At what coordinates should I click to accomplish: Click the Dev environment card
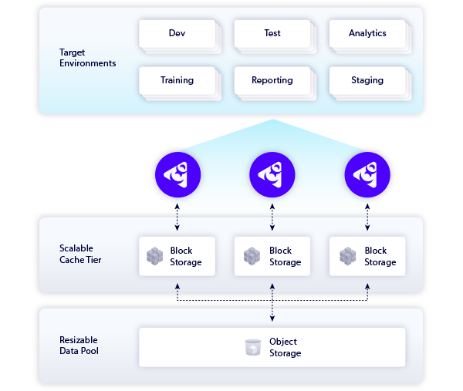click(177, 34)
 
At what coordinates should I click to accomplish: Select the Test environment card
click(272, 34)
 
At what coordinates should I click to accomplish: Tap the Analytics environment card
click(367, 34)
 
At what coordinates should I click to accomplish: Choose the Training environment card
click(177, 80)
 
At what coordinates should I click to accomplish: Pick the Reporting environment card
click(272, 80)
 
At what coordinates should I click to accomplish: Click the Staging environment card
click(367, 80)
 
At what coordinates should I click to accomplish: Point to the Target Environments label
click(87, 58)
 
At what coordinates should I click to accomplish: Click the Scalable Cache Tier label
click(80, 254)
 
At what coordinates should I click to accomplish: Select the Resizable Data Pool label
click(79, 345)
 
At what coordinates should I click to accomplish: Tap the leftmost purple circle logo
click(177, 174)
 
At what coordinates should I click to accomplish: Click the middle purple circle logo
click(272, 174)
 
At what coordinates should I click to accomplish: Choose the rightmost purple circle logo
click(367, 174)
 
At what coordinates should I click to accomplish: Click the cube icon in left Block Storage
click(156, 256)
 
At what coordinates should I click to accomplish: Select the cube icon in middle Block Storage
click(252, 256)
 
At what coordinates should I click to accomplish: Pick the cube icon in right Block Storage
click(347, 256)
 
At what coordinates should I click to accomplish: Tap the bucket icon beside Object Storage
click(252, 348)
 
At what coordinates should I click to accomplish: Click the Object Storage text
click(284, 348)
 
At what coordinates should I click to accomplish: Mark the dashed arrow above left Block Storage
click(177, 216)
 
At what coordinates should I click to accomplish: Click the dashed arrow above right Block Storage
click(367, 216)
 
